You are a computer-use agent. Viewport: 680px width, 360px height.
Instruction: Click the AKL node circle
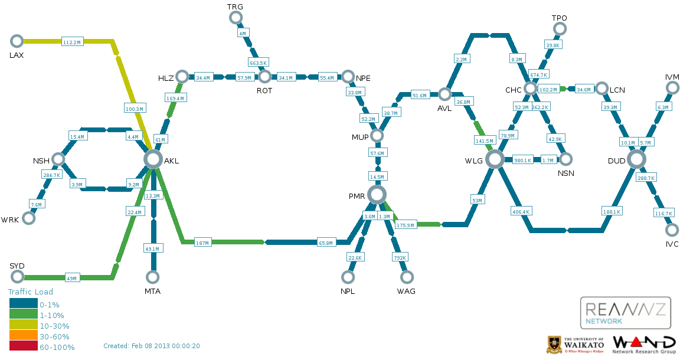tap(153, 159)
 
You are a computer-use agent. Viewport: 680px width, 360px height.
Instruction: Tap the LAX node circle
tap(17, 41)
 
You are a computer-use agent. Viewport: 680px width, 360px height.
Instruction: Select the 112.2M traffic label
tap(72, 42)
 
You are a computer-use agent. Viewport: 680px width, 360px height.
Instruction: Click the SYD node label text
tap(17, 266)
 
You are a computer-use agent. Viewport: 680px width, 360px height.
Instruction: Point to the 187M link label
tap(202, 243)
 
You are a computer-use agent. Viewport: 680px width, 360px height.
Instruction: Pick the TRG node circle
tap(236, 17)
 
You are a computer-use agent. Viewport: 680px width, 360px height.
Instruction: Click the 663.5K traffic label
tap(259, 63)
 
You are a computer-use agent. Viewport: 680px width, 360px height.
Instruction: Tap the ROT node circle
tap(264, 77)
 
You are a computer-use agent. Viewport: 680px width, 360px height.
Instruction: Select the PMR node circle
tap(377, 195)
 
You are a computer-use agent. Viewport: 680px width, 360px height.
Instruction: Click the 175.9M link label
tap(406, 225)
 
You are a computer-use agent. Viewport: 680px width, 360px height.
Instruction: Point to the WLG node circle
tap(495, 159)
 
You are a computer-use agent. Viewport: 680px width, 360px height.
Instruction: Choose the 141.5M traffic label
tap(485, 140)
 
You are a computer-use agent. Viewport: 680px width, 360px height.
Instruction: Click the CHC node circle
tap(531, 89)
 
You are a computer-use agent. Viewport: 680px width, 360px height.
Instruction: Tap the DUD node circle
tap(636, 159)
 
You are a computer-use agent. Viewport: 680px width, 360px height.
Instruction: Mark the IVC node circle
tap(672, 230)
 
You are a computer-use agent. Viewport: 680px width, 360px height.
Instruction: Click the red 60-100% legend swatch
tap(24, 346)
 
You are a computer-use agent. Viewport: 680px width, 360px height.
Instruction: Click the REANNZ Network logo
tap(625, 313)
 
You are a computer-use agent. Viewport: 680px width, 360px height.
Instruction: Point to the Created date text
tap(151, 346)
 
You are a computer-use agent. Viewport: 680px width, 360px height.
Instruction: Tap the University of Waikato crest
tap(553, 345)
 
